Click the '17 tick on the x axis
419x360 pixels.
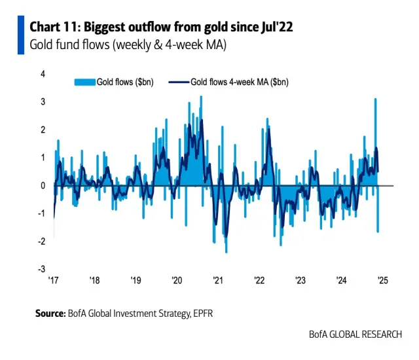coord(54,280)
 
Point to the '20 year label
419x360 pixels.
coord(177,280)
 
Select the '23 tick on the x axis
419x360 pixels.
coord(301,280)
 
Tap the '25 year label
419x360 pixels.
coord(383,280)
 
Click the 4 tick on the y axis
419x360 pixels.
coord(43,74)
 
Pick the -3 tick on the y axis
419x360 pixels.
coord(41,269)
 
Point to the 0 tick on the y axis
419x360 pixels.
coord(43,185)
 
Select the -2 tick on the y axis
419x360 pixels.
coord(41,241)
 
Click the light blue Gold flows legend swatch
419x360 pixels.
coord(84,82)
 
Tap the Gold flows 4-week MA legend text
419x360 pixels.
coord(240,82)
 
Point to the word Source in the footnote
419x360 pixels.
coord(50,314)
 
